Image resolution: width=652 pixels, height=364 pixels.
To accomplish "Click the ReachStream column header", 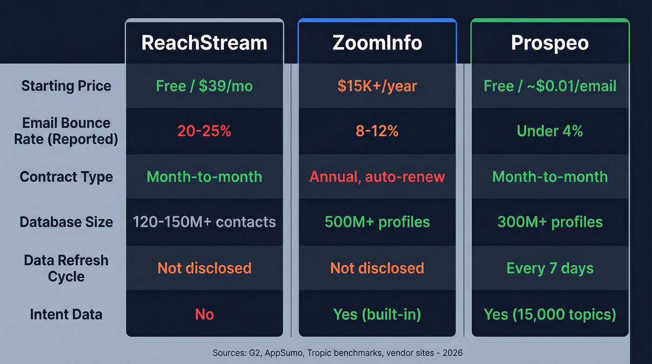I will click(x=204, y=43).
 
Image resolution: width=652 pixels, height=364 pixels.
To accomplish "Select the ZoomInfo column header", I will click(x=377, y=43).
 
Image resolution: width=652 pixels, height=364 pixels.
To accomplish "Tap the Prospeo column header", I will click(x=550, y=43).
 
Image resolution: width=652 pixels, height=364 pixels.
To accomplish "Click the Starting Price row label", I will click(x=66, y=86).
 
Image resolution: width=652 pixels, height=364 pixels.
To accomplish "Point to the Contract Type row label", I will click(x=66, y=177).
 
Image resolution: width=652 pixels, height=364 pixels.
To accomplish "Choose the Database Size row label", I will click(x=66, y=222).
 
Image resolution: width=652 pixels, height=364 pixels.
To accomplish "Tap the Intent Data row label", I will click(x=66, y=314).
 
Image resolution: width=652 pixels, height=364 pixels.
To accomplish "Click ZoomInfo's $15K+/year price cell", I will click(x=377, y=86).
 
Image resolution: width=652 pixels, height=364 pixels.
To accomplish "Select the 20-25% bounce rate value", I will click(x=204, y=131).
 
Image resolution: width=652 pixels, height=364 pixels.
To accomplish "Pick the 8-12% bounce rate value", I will click(x=377, y=131).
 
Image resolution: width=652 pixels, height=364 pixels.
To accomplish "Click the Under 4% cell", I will click(x=550, y=131).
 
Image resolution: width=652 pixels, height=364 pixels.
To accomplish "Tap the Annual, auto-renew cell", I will click(x=377, y=177).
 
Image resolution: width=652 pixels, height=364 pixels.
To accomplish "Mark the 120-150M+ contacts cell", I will click(x=204, y=222).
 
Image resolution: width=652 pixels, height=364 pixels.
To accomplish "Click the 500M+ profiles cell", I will click(x=377, y=222).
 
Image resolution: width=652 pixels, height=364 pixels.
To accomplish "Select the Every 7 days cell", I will click(x=550, y=268).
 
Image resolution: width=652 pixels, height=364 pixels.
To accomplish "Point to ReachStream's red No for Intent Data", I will click(x=204, y=314).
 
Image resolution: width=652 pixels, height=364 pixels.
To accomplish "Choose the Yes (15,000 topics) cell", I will click(x=550, y=314).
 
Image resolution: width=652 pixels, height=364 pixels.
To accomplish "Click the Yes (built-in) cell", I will click(x=377, y=314).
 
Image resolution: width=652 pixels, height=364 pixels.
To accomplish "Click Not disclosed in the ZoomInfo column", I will click(x=377, y=268).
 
